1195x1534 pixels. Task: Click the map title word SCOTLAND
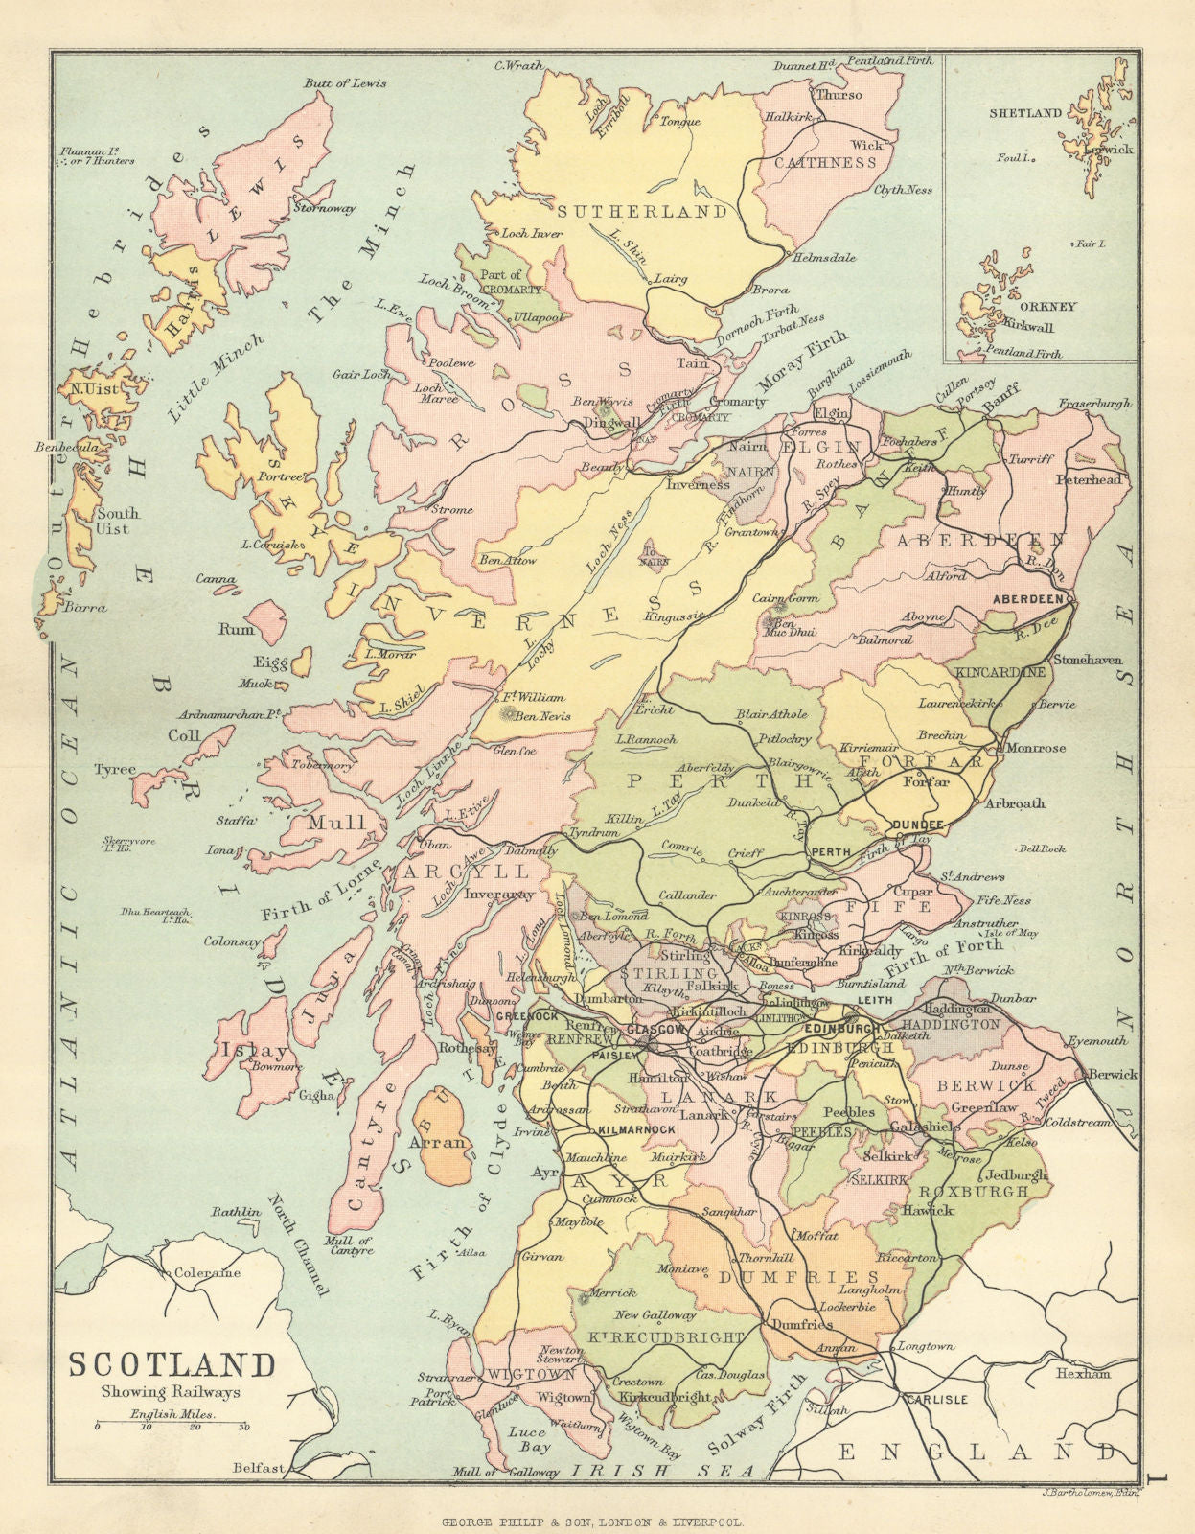tap(171, 1365)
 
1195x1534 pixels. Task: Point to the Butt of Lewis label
tap(345, 83)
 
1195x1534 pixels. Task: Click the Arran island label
tap(437, 1142)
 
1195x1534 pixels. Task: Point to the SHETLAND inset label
tap(1025, 113)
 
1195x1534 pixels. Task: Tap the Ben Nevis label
tap(542, 715)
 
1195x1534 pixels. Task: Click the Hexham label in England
tap(1083, 1374)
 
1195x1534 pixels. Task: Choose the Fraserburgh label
tap(1094, 404)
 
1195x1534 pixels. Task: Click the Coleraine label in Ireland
tap(206, 1273)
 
